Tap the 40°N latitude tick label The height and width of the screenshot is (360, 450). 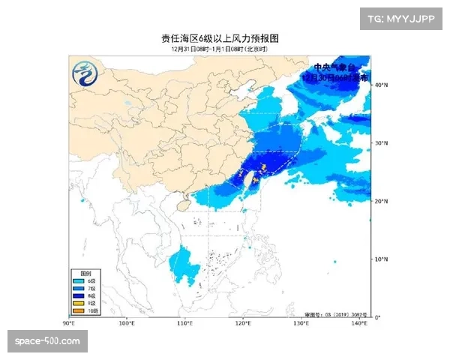click(x=381, y=85)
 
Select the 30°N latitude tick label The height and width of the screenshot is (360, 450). click(x=381, y=142)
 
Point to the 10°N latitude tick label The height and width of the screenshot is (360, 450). click(x=381, y=259)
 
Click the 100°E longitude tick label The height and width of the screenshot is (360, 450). click(x=127, y=323)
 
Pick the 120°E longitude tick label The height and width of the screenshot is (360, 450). click(x=243, y=323)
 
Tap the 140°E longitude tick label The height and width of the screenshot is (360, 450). click(x=358, y=323)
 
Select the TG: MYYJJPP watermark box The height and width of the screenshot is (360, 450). click(x=403, y=19)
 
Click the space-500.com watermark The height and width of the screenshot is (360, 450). click(x=47, y=341)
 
